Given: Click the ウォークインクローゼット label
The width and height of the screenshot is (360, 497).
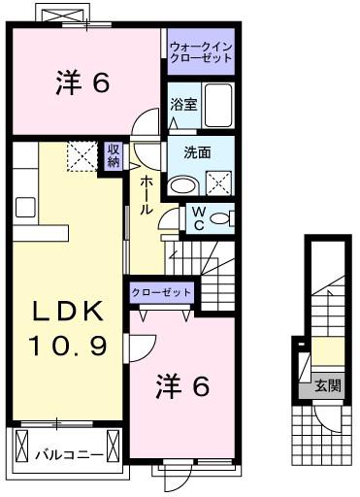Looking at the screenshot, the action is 201,52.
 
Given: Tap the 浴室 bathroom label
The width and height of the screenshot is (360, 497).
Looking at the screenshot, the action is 183,105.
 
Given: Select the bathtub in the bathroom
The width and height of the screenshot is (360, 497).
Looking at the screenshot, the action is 218,106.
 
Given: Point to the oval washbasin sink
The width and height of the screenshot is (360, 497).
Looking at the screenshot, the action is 183,184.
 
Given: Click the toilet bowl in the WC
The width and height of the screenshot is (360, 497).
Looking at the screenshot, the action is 219,218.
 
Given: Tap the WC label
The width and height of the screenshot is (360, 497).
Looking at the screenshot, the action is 199,218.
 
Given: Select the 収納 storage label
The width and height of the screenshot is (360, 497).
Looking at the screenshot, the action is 114,155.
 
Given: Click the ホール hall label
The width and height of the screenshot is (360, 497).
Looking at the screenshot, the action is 147,195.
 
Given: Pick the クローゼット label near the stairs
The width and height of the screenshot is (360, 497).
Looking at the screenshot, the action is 162,293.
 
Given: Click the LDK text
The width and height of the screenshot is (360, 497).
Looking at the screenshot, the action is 68,312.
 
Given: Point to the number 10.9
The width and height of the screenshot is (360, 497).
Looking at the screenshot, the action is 68,346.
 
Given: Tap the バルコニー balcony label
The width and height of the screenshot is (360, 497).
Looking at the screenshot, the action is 69,455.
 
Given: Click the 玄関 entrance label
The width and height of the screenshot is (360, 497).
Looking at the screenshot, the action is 328,385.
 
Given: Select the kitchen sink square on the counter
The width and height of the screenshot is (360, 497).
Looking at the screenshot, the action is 25,207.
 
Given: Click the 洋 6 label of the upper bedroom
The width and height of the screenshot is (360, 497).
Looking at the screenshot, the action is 82,83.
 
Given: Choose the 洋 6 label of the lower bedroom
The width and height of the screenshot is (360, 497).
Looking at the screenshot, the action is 182,385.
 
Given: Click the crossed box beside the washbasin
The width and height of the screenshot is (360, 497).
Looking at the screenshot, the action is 218,183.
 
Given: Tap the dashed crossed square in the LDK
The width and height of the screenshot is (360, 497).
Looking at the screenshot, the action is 82,156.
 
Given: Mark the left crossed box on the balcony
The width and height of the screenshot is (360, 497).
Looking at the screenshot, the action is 21,447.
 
